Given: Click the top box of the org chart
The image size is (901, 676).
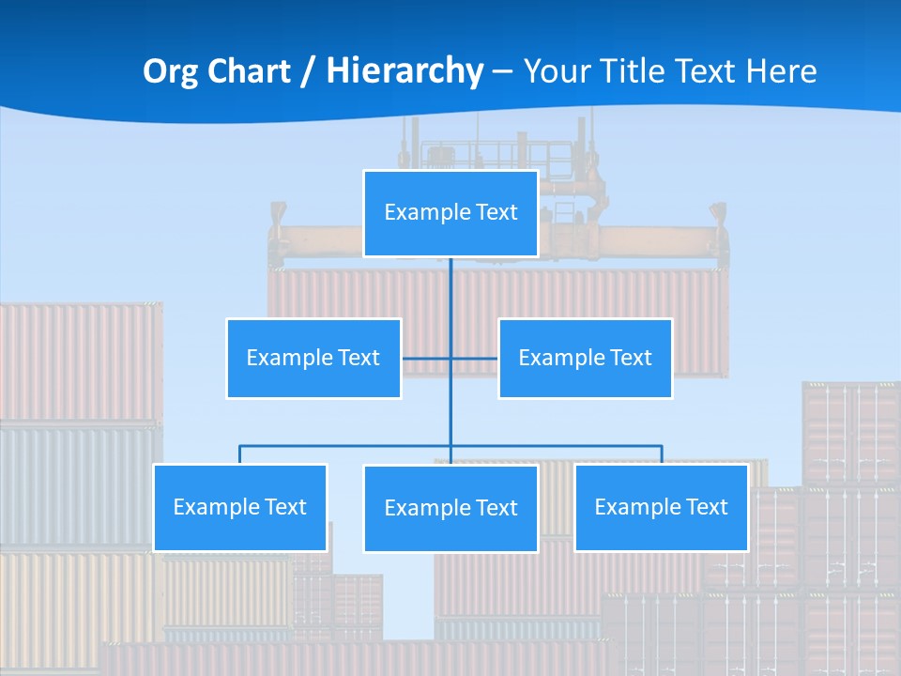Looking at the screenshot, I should click(450, 213).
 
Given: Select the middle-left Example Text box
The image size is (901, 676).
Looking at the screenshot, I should click(313, 358).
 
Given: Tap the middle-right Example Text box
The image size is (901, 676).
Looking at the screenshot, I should click(585, 358).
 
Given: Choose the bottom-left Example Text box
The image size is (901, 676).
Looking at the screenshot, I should click(240, 507).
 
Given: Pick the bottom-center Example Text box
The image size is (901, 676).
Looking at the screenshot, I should click(450, 508).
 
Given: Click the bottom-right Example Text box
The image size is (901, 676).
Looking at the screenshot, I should click(661, 507).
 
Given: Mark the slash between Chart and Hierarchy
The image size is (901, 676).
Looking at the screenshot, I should click(309, 71).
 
